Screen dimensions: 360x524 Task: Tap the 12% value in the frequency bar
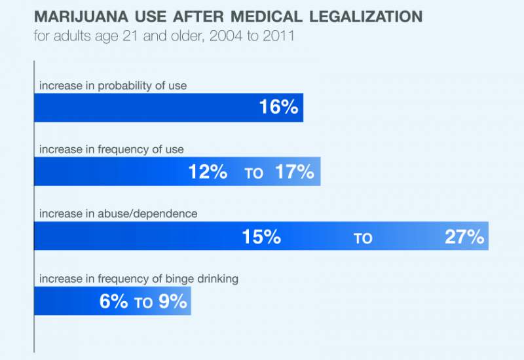pyautogui.click(x=208, y=172)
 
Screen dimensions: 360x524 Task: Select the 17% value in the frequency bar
pyautogui.click(x=295, y=172)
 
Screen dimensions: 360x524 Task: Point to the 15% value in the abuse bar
pyautogui.click(x=261, y=237)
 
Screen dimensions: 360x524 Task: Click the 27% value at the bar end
pyautogui.click(x=464, y=237)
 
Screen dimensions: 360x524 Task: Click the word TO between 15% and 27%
pyautogui.click(x=363, y=239)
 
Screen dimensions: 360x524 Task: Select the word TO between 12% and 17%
pyautogui.click(x=253, y=174)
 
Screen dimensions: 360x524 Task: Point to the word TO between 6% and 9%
pyautogui.click(x=143, y=303)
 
